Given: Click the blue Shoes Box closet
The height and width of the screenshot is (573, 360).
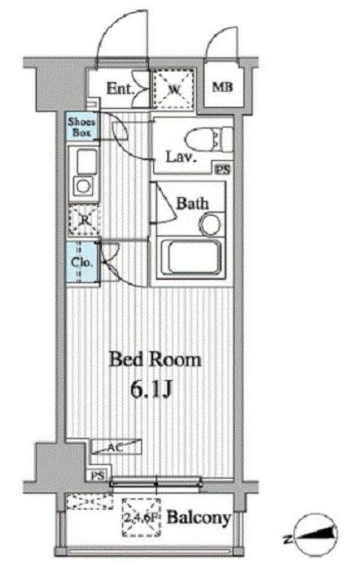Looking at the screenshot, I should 81,127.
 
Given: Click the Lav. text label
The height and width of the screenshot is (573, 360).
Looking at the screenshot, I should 182,157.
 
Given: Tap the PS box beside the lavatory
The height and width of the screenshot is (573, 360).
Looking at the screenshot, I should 222,169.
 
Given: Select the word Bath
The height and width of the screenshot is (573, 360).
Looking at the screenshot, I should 193,203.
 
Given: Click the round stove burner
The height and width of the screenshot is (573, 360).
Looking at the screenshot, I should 82,186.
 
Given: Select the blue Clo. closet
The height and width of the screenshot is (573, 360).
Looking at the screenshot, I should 82,262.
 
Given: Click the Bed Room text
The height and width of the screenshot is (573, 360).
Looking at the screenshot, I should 156,359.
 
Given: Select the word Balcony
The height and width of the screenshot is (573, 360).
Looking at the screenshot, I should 198,518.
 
